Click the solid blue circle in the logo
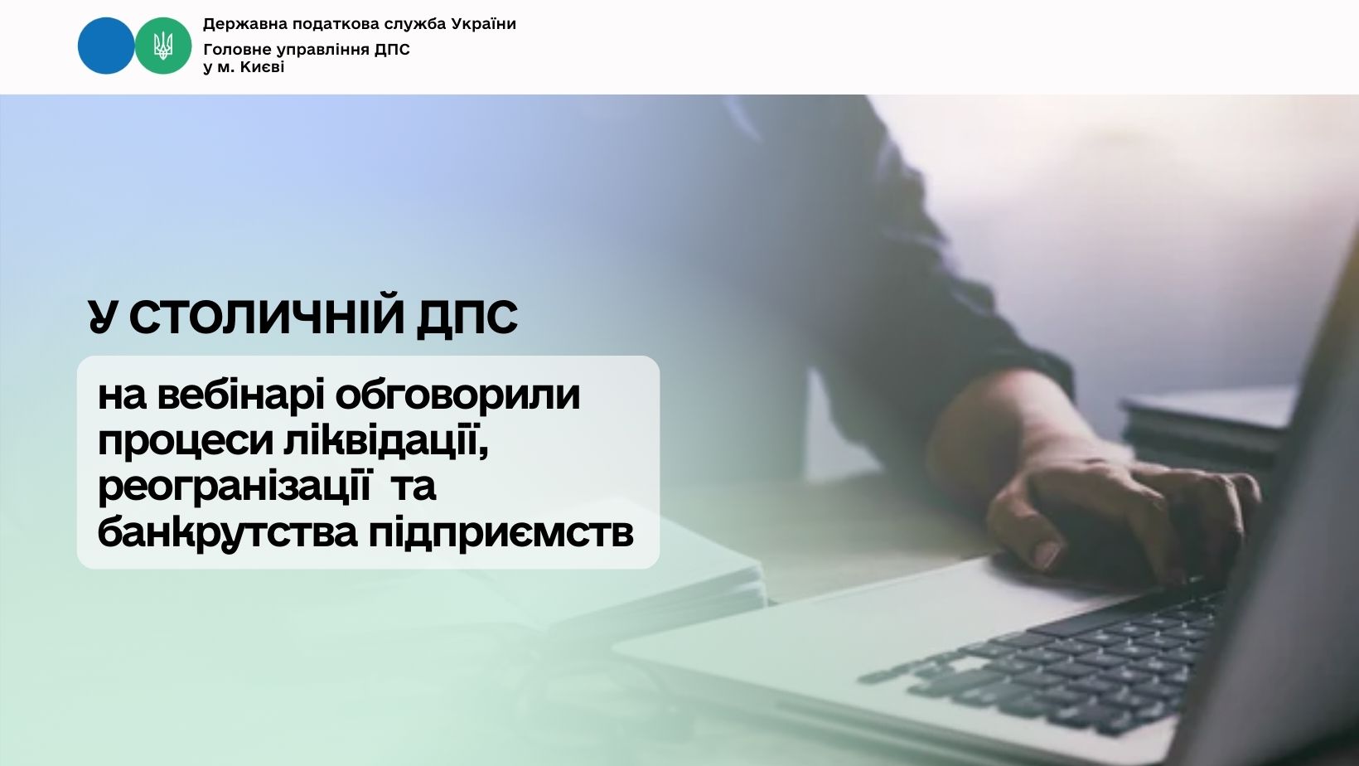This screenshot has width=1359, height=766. (106, 46)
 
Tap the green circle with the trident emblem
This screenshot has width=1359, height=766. (162, 46)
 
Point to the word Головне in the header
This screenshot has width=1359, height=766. (235, 50)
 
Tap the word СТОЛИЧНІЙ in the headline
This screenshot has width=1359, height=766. (267, 316)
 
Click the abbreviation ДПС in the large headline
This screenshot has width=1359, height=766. (467, 317)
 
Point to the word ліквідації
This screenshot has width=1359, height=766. (386, 440)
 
